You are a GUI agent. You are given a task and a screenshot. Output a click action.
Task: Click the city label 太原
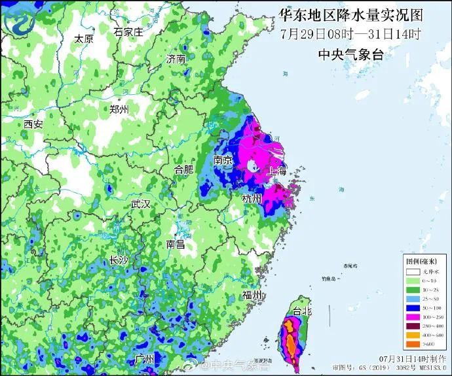click(x=84, y=39)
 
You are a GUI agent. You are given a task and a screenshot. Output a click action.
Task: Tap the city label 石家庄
click(x=128, y=31)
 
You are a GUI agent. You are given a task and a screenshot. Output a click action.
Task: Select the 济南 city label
click(x=176, y=59)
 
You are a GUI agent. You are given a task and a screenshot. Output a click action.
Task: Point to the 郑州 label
click(x=119, y=109)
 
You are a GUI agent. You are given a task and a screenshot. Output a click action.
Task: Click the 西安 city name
click(x=33, y=124)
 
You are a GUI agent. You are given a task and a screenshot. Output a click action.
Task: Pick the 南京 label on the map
click(x=223, y=160)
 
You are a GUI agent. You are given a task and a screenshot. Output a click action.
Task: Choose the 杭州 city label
click(x=252, y=198)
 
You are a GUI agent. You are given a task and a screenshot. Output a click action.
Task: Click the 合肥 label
click(x=184, y=169)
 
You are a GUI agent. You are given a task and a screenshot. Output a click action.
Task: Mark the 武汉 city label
click(x=140, y=204)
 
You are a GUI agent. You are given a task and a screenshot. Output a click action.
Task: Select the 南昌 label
click(x=176, y=244)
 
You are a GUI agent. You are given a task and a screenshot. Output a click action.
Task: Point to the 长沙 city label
click(x=119, y=260)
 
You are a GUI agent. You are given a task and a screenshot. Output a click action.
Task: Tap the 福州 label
click(x=252, y=295)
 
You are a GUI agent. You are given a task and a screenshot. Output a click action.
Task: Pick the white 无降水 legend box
click(x=412, y=271)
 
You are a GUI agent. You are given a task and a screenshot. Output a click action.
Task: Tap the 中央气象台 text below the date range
click(x=350, y=54)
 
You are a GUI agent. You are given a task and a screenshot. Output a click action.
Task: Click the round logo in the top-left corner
click(x=20, y=20)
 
